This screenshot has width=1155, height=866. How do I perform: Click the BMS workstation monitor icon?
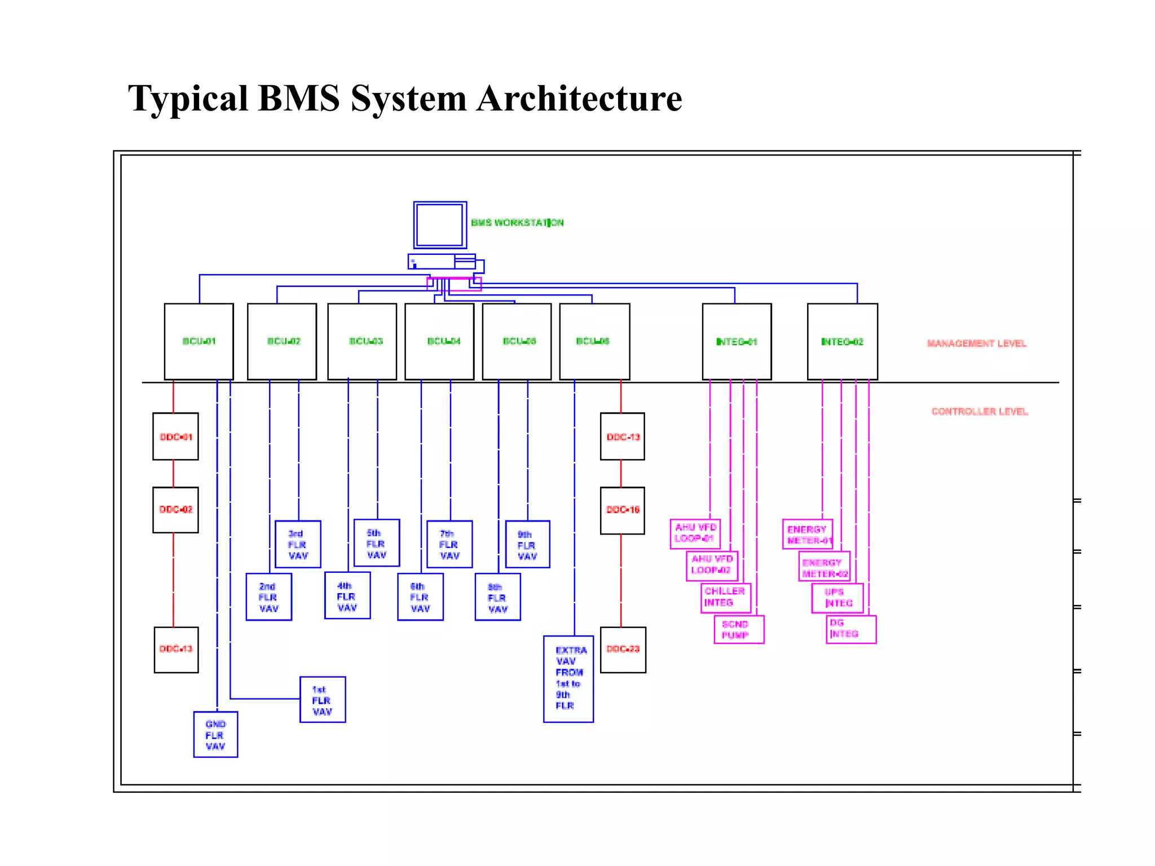click(x=440, y=225)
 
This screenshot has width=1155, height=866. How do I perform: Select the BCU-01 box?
click(x=199, y=341)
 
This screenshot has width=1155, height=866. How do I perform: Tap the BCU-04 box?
click(x=439, y=341)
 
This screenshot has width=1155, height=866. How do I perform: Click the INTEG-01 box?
click(x=737, y=341)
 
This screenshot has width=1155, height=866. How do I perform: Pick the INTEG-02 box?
click(x=842, y=341)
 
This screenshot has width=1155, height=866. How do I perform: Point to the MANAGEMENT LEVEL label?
click(x=977, y=343)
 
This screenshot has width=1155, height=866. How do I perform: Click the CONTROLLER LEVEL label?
click(x=980, y=412)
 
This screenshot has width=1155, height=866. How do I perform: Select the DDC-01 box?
click(x=175, y=436)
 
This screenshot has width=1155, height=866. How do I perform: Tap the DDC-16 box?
click(x=623, y=510)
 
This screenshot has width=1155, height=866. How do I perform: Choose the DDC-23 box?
click(x=623, y=649)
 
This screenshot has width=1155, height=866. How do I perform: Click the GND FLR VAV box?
click(x=215, y=735)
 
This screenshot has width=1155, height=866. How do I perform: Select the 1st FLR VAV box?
click(x=322, y=700)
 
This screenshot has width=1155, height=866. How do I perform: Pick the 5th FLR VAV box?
click(x=376, y=543)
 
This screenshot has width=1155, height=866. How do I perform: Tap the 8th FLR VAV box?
click(x=497, y=597)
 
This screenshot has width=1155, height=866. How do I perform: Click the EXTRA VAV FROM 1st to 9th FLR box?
click(x=568, y=679)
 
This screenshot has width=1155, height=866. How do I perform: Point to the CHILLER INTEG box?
click(x=726, y=598)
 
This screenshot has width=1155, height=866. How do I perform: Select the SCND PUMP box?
click(x=739, y=629)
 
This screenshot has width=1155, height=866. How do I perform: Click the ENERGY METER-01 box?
click(x=807, y=534)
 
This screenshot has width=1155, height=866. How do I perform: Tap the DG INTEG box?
click(x=850, y=629)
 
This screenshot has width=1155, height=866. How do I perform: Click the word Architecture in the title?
click(x=579, y=99)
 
